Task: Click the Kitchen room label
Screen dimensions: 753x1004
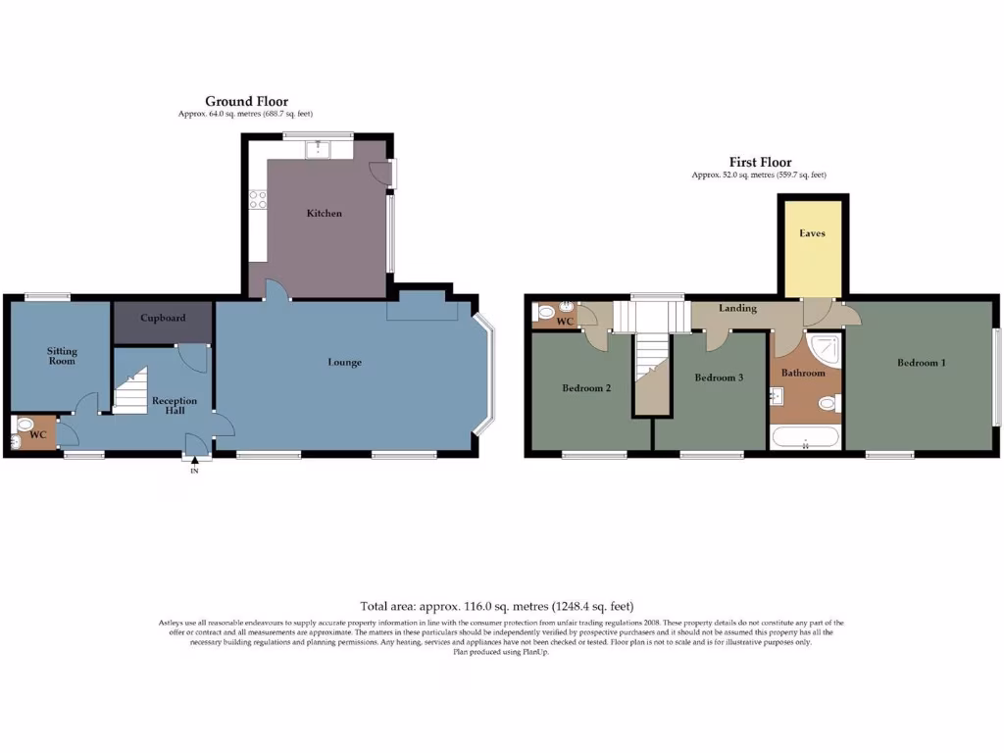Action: click(324, 213)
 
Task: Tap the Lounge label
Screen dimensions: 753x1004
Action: click(344, 363)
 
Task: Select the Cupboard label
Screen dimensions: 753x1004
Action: click(163, 319)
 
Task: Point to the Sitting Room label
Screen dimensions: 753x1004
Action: click(62, 356)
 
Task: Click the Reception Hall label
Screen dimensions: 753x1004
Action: click(175, 406)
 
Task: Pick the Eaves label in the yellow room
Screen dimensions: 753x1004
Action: click(812, 233)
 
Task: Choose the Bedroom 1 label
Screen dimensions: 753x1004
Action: click(921, 363)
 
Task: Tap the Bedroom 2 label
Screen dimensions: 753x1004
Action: click(586, 388)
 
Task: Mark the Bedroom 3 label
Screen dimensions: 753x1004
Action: click(719, 378)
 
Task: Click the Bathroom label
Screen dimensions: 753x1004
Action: click(803, 374)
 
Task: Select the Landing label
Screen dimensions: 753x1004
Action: click(737, 308)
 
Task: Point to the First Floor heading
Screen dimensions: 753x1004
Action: click(760, 163)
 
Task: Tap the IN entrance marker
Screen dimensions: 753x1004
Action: click(194, 472)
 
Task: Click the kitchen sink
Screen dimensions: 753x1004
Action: click(319, 149)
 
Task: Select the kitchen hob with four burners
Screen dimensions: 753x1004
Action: click(259, 199)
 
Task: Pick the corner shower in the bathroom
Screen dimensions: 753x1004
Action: click(826, 347)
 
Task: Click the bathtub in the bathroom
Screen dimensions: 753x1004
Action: click(805, 436)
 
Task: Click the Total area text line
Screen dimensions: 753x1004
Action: click(504, 607)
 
